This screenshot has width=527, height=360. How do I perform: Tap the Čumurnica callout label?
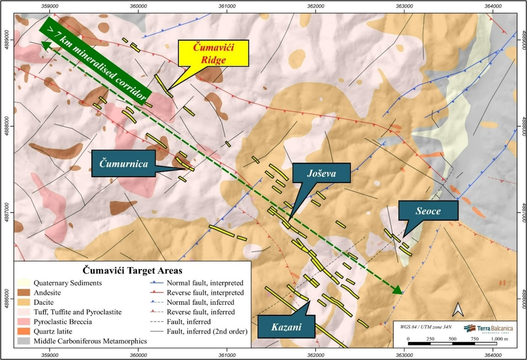[x=123, y=163]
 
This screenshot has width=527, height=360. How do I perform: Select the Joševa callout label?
[x=321, y=173]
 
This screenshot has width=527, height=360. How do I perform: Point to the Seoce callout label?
[x=428, y=211]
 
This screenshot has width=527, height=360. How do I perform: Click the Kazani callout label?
[x=286, y=327]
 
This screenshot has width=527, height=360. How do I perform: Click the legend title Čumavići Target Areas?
[x=133, y=270]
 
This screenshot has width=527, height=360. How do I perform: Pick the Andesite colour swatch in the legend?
[x=23, y=293]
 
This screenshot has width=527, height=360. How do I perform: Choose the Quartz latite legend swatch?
[x=23, y=332]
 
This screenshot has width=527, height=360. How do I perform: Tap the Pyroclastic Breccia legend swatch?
[x=23, y=322]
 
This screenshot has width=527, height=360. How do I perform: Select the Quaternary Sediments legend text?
[x=68, y=283]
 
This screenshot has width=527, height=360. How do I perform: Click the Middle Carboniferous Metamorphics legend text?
[x=90, y=341]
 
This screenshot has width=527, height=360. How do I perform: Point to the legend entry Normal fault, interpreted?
[x=205, y=283]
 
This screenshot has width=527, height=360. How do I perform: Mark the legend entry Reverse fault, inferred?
[x=201, y=312]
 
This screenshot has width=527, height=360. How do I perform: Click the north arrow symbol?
[x=458, y=310]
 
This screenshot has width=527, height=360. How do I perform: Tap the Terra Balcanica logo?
[x=489, y=329]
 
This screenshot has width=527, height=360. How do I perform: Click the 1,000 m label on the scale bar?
[x=499, y=339]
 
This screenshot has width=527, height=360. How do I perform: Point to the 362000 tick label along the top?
[x=316, y=6]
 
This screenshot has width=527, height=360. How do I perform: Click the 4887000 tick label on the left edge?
[x=7, y=212]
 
